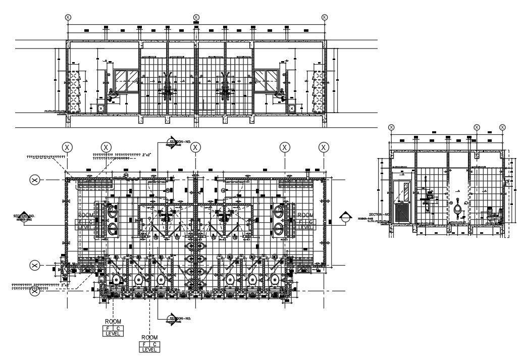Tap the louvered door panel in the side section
click(x=402, y=212)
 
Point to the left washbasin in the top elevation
click(x=112, y=94)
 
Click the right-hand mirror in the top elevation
click(x=266, y=77)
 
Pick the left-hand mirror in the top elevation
click(x=126, y=77)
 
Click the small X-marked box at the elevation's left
click(x=100, y=109)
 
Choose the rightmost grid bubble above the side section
click(x=502, y=127)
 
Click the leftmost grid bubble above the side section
click(x=391, y=127)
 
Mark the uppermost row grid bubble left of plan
click(x=35, y=180)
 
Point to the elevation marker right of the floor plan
click(x=345, y=218)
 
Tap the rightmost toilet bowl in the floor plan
click(x=275, y=279)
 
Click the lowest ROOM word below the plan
click(x=149, y=337)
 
